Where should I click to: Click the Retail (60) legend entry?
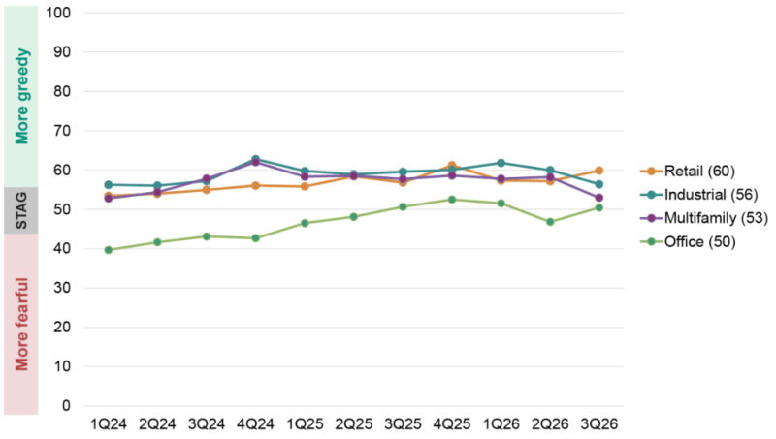tap(688, 172)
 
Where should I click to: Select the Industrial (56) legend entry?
tap(698, 195)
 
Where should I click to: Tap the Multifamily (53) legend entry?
tap(704, 218)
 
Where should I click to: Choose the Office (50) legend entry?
tap(688, 241)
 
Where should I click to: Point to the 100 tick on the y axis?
tap(58, 13)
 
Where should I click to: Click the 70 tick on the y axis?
tap(62, 131)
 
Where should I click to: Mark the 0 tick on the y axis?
tap(66, 406)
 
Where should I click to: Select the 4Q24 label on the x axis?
tap(255, 424)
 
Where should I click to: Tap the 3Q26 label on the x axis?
tap(598, 424)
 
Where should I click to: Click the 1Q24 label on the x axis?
tap(109, 424)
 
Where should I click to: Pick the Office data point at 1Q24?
tap(109, 250)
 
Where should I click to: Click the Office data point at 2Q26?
tap(550, 222)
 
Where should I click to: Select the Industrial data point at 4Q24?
tap(255, 159)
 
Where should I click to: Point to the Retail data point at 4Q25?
tap(452, 166)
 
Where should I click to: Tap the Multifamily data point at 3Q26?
tap(598, 198)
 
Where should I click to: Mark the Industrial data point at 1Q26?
tap(501, 163)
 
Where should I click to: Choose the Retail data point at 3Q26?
tap(598, 171)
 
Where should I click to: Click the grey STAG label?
tap(21, 210)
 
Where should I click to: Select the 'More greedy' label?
tap(21, 96)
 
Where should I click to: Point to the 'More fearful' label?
tap(21, 325)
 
